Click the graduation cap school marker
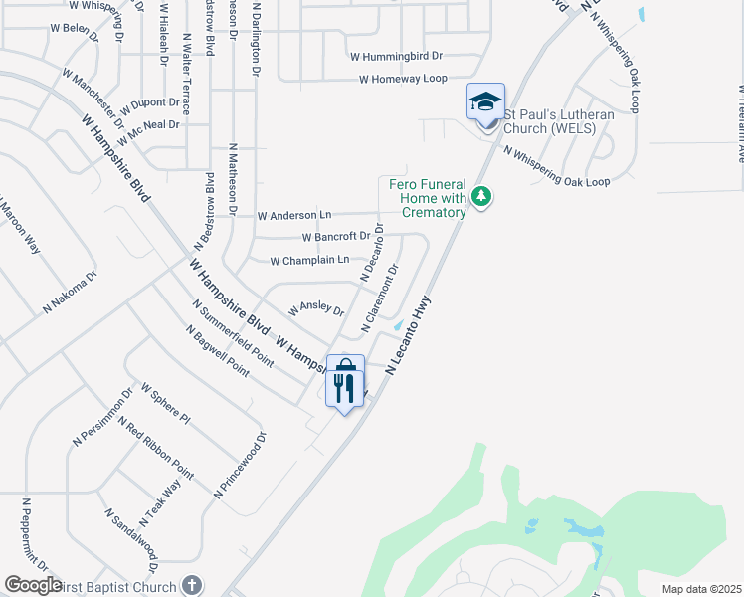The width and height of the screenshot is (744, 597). pyautogui.click(x=486, y=102)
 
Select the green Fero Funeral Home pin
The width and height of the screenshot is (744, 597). pyautogui.click(x=481, y=197)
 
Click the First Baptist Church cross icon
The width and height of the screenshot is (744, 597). pyautogui.click(x=193, y=586)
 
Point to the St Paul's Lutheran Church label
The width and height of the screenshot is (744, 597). pyautogui.click(x=558, y=121)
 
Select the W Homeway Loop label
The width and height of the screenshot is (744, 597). pyautogui.click(x=403, y=79)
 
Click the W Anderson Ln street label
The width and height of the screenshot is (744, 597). pyautogui.click(x=293, y=215)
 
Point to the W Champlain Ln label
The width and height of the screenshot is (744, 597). pyautogui.click(x=309, y=260)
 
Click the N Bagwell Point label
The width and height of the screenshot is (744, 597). pyautogui.click(x=216, y=348)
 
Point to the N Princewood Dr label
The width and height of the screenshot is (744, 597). pyautogui.click(x=242, y=465)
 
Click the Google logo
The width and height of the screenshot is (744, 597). pyautogui.click(x=33, y=585)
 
